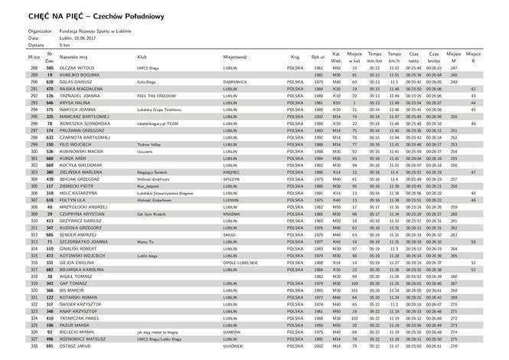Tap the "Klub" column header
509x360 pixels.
[x=142, y=57]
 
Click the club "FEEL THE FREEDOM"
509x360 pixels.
[x=156, y=96]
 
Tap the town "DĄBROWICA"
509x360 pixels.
[x=236, y=82]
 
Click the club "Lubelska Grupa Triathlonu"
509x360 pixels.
[x=162, y=110]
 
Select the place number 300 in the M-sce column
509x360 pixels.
[x=34, y=150]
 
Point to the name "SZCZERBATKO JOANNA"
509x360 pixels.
[x=85, y=241]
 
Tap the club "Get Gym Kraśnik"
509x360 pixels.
[x=152, y=214]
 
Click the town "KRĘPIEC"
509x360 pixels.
[x=233, y=173]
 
